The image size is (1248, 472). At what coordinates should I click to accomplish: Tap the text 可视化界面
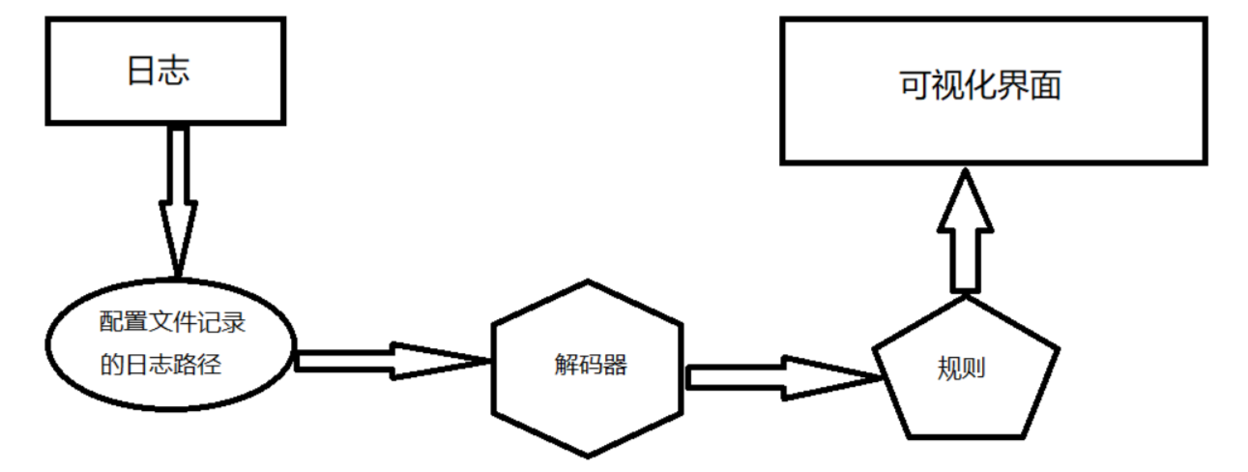point(979,85)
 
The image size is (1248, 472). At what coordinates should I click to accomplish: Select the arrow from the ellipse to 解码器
point(387,361)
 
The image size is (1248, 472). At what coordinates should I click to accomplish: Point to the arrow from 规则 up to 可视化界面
point(965,232)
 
